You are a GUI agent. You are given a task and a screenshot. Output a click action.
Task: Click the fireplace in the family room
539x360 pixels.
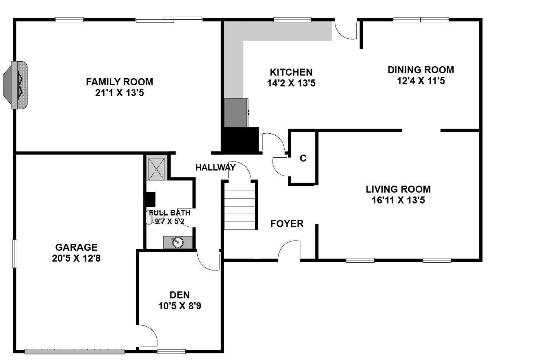point(16,85)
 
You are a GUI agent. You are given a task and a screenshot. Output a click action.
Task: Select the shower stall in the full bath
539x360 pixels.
point(156,169)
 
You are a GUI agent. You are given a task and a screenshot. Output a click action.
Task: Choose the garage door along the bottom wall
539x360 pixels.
point(74,351)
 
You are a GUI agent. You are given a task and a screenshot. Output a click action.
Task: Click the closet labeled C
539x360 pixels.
point(303,158)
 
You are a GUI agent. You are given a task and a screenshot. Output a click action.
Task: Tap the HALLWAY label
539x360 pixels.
point(215,168)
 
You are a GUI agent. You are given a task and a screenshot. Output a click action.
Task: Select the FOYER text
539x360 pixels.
point(287,224)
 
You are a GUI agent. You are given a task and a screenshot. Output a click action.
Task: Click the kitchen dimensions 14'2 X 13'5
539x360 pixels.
point(291,83)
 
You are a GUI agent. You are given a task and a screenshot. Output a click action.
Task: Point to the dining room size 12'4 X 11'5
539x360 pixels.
point(421,81)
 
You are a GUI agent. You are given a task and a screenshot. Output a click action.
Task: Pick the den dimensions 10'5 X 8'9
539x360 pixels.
point(180,306)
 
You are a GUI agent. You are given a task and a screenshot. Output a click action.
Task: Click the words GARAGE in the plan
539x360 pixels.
point(76,247)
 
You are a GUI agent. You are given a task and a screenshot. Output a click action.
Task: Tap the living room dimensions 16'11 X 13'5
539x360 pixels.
point(398,200)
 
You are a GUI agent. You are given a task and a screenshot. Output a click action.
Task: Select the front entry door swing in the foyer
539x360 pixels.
point(289,250)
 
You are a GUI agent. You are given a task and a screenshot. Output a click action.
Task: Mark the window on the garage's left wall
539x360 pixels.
point(15,253)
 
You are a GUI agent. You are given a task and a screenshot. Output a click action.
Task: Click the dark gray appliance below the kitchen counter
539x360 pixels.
point(236,112)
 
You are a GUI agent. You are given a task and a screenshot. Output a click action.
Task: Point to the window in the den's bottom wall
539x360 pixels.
point(171,351)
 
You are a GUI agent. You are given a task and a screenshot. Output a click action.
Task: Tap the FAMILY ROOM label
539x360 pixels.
point(119,82)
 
